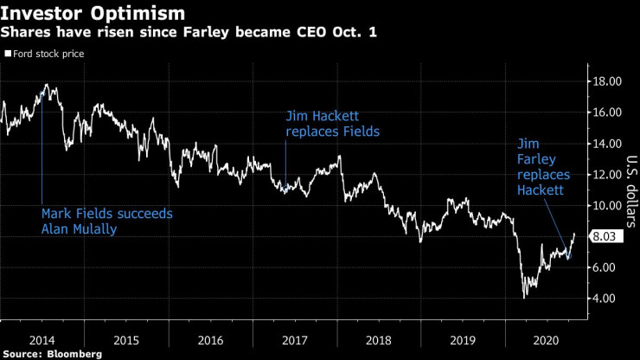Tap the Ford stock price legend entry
[x=49, y=54]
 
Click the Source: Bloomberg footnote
[x=51, y=354]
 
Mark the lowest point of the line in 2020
[x=524, y=298]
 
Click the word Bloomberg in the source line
[x=74, y=354]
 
